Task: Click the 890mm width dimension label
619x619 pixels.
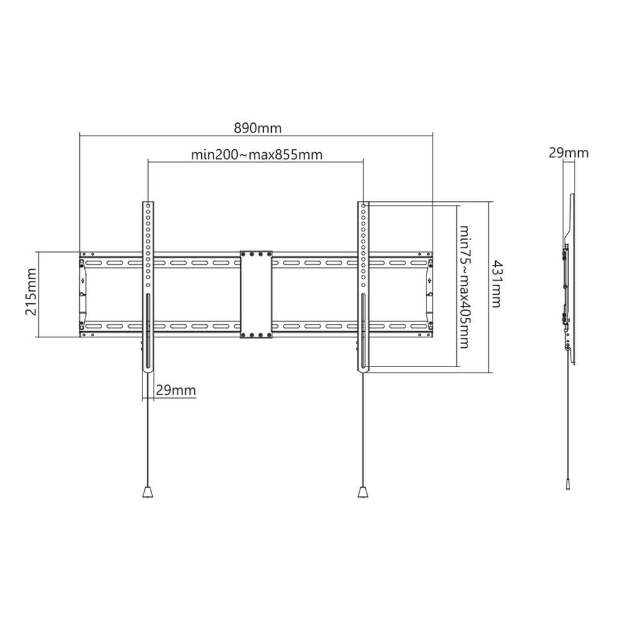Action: click(x=257, y=128)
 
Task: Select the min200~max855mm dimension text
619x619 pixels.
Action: click(x=256, y=155)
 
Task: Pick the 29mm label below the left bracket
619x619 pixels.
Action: click(x=175, y=390)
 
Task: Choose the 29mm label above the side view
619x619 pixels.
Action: click(x=568, y=153)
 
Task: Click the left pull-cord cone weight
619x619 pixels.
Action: click(x=147, y=492)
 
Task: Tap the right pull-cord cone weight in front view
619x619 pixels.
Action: click(x=363, y=492)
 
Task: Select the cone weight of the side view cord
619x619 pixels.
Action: click(x=568, y=484)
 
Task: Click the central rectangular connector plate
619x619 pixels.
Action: click(x=256, y=294)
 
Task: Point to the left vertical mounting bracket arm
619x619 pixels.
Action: click(x=148, y=285)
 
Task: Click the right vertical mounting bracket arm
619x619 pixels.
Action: click(x=363, y=285)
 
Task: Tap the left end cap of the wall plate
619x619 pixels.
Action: click(x=84, y=294)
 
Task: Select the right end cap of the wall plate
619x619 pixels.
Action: click(x=429, y=294)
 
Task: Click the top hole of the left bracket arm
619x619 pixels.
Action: click(x=148, y=206)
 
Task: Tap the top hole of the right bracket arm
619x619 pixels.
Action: click(x=363, y=206)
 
